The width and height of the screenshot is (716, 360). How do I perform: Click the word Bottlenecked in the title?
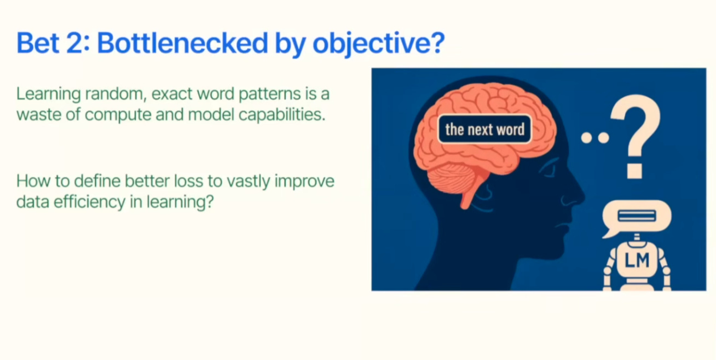coord(182,43)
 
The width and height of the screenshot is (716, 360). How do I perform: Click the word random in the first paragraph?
coord(116,94)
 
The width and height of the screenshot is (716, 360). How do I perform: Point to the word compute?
coord(118,115)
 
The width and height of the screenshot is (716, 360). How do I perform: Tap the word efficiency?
coord(90,202)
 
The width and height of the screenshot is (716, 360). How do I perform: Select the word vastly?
coord(249,182)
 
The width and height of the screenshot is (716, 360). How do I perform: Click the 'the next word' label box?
coord(484,129)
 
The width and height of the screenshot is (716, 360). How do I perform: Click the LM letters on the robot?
coord(637,260)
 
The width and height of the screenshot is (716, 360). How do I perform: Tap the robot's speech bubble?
coord(636,217)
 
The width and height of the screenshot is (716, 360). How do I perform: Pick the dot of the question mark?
coord(634,171)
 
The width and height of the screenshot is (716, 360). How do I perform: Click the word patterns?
coord(270,95)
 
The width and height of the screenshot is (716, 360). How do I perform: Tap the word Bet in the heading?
coord(38,43)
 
